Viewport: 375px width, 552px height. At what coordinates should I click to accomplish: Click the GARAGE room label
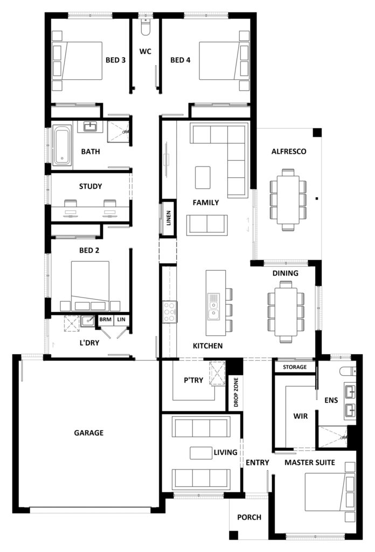(x=89, y=433)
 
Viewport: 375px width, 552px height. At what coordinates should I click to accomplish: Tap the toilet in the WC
(x=145, y=26)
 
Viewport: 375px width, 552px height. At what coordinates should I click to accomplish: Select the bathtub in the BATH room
(x=62, y=146)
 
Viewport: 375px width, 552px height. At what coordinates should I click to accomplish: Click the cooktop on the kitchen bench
(x=169, y=312)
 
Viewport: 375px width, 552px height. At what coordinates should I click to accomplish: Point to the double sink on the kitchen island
(x=213, y=306)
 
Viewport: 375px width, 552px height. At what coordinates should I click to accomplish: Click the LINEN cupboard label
(x=169, y=218)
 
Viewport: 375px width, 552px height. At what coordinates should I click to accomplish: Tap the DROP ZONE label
(x=235, y=392)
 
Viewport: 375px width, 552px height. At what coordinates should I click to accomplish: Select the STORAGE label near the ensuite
(x=295, y=367)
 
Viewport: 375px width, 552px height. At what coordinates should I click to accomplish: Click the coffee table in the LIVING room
(x=201, y=453)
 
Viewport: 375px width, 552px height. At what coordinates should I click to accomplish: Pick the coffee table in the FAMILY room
(x=203, y=177)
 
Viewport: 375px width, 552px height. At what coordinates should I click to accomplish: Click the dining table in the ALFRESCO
(x=288, y=199)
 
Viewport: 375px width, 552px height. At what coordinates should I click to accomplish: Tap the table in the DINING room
(x=286, y=312)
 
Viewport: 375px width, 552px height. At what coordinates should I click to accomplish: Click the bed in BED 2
(x=90, y=286)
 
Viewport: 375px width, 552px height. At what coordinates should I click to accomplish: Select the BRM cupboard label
(x=105, y=319)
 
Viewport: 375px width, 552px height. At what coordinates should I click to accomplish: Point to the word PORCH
(x=249, y=517)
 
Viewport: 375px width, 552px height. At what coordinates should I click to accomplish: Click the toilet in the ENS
(x=348, y=371)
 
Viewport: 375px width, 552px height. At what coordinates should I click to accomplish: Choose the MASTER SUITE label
(x=310, y=462)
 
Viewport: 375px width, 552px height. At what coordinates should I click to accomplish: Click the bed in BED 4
(x=225, y=61)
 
